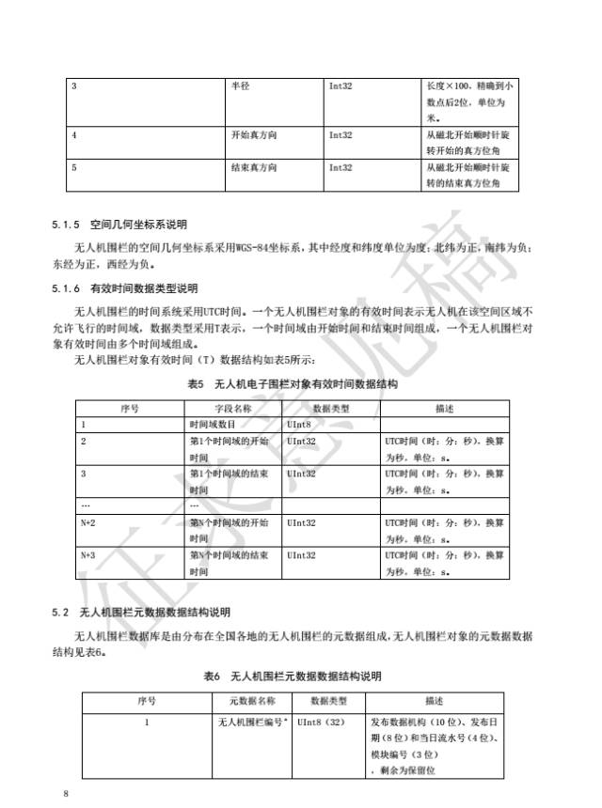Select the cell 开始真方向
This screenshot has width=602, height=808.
(253, 135)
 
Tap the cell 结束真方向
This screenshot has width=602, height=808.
(253, 167)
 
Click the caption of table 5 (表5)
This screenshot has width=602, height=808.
(293, 384)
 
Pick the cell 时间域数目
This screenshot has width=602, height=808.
(213, 425)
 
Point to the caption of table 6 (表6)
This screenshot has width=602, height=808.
(293, 676)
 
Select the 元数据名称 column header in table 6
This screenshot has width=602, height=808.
(253, 701)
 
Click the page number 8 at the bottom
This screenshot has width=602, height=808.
(66, 794)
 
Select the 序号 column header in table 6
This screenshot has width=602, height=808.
(147, 701)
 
